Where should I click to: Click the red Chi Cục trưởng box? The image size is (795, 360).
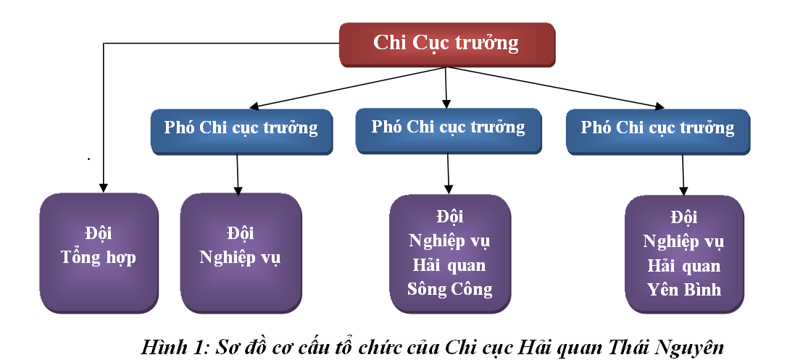pyautogui.click(x=446, y=43)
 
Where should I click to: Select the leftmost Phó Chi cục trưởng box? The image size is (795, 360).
pyautogui.click(x=241, y=129)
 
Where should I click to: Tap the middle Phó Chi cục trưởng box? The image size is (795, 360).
pyautogui.click(x=448, y=127)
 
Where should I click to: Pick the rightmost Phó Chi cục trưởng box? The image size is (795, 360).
pyautogui.click(x=657, y=129)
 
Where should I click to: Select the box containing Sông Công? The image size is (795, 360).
pyautogui.click(x=450, y=253)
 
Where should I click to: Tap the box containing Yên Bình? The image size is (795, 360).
pyautogui.click(x=684, y=254)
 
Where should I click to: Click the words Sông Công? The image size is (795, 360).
pyautogui.click(x=450, y=290)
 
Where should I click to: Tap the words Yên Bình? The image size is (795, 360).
pyautogui.click(x=684, y=290)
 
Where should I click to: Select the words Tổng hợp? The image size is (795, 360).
pyautogui.click(x=99, y=257)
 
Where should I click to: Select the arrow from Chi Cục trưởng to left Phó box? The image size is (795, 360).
pyautogui.click(x=348, y=88)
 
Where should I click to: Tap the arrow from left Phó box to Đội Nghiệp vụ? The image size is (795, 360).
pyautogui.click(x=238, y=175)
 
